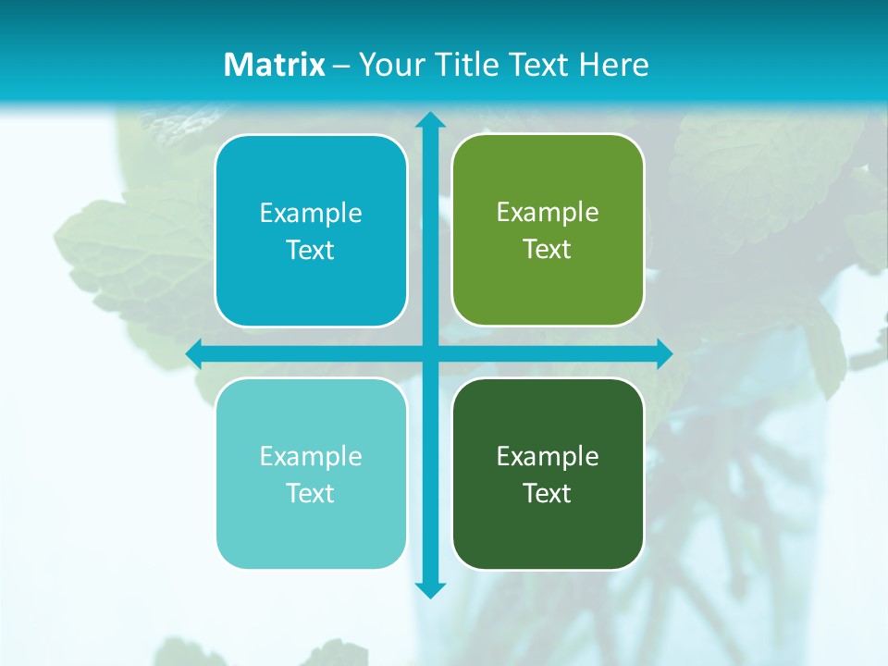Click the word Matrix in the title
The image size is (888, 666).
pyautogui.click(x=275, y=65)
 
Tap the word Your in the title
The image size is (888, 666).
pyautogui.click(x=387, y=65)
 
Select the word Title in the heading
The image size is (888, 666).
pyautogui.click(x=461, y=65)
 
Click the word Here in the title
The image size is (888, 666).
pyautogui.click(x=614, y=65)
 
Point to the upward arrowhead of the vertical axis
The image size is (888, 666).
pyautogui.click(x=430, y=119)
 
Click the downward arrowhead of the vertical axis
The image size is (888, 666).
pyautogui.click(x=430, y=589)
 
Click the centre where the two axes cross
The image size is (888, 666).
pyautogui.click(x=430, y=354)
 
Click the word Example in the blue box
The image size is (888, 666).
pyautogui.click(x=311, y=214)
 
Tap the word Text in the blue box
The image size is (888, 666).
pyautogui.click(x=310, y=251)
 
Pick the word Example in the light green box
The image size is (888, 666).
pyautogui.click(x=548, y=213)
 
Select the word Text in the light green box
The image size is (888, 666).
pyautogui.click(x=547, y=250)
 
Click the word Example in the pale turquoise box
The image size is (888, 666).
pyautogui.click(x=311, y=457)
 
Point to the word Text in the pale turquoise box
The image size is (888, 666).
pyautogui.click(x=310, y=494)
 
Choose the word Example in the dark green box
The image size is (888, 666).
pyautogui.click(x=548, y=457)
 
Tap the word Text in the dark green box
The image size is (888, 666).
pyautogui.click(x=547, y=494)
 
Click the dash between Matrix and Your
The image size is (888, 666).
pyautogui.click(x=341, y=66)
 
